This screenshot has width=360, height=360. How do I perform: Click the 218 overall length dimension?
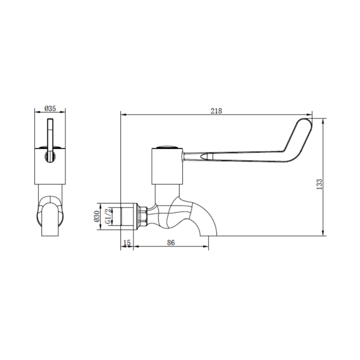(x=216, y=111)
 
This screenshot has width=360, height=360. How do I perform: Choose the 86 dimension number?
(x=171, y=243)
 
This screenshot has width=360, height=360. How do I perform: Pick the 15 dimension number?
(x=126, y=243)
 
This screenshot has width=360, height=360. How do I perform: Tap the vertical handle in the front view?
(x=50, y=138)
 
